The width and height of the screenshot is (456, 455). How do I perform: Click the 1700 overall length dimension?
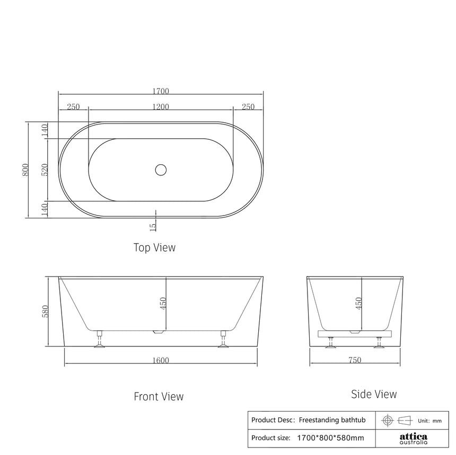[161, 91]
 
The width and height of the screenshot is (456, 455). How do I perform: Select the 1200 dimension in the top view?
[161, 106]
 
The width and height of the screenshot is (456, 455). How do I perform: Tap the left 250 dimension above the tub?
[73, 106]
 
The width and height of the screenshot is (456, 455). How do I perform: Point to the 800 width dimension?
[25, 169]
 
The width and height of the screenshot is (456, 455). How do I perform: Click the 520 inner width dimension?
[45, 169]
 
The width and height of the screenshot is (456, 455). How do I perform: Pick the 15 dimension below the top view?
[153, 226]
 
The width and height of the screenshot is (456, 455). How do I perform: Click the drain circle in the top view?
[161, 169]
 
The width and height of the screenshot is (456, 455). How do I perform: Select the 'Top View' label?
[154, 247]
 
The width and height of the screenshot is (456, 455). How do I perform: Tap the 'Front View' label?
[159, 396]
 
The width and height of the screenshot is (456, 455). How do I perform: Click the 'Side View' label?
[374, 394]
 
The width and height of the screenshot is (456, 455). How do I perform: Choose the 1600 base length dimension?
[161, 361]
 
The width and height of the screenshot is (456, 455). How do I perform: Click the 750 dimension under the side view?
[355, 360]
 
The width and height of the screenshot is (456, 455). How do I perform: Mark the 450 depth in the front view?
[163, 303]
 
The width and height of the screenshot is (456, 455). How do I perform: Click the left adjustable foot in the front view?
[100, 340]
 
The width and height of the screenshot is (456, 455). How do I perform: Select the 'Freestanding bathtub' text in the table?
[332, 420]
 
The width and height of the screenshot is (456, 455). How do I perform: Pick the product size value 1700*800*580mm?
[330, 438]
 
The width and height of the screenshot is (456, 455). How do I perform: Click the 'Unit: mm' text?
[429, 421]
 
